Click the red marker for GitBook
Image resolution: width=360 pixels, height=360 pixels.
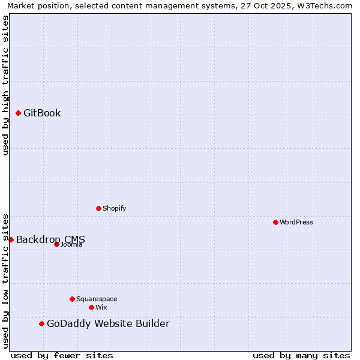tap(19, 113)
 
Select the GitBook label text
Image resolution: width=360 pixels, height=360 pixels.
tap(42, 113)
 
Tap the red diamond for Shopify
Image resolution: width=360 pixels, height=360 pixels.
tap(99, 208)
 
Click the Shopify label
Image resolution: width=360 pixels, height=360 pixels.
tap(115, 209)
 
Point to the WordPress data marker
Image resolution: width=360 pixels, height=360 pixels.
tap(275, 222)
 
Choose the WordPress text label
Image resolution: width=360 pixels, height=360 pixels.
tap(296, 223)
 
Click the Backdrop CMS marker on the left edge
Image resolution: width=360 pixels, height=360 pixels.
tap(11, 239)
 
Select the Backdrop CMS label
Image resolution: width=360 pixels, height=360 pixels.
tap(50, 239)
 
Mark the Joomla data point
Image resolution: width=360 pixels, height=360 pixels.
tap(56, 244)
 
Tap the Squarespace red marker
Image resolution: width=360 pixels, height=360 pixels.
tap(72, 299)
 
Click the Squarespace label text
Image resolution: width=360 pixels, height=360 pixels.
tap(97, 299)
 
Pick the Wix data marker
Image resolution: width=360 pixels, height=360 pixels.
tap(91, 307)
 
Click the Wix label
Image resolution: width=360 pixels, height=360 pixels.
tap(101, 308)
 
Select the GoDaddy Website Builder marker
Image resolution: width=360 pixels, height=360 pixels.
tap(41, 324)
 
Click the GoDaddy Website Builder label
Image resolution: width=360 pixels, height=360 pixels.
tap(108, 324)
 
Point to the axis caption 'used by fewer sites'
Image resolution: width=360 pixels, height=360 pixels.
tap(62, 355)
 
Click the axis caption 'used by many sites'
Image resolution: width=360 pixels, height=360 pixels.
tap(301, 355)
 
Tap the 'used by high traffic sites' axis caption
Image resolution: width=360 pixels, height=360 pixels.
tap(6, 85)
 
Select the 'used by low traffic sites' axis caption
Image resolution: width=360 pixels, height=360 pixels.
tap(6, 280)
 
